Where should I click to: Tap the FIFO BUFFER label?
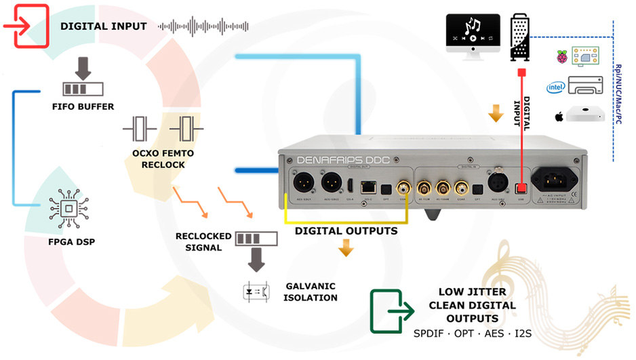[x=83, y=106]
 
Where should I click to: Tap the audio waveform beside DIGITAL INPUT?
[x=203, y=26]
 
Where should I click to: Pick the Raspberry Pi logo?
[x=562, y=57]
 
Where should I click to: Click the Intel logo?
[x=555, y=87]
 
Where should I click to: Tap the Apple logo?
[x=559, y=117]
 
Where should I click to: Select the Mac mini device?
[x=584, y=116]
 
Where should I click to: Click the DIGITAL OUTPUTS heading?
[x=346, y=231]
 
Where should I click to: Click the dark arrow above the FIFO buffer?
[x=83, y=67]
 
